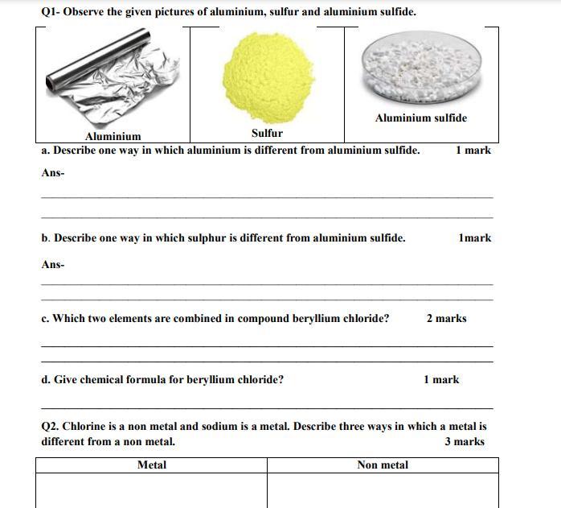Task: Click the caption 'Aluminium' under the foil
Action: [113, 136]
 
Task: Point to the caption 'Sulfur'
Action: [267, 133]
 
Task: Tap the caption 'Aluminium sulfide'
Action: [420, 118]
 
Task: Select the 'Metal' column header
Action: [152, 465]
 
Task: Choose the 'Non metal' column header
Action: [383, 465]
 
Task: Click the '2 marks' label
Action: [446, 318]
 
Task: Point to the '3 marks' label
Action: [465, 441]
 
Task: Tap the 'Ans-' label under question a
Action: [53, 172]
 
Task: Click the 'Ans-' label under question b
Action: [53, 264]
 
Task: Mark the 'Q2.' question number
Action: [50, 426]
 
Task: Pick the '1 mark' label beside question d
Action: [441, 379]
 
